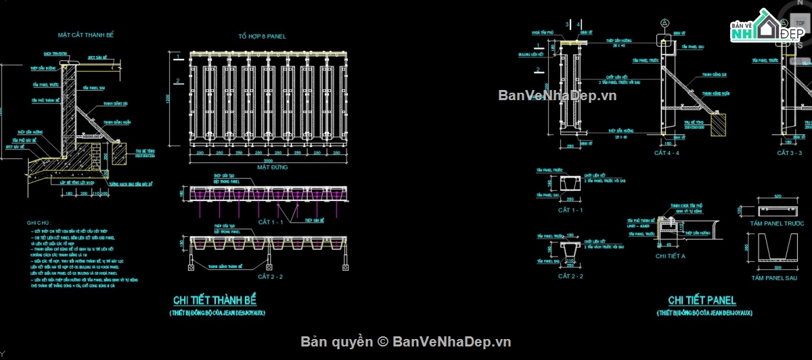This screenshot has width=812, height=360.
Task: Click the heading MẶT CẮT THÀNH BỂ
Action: [85, 35]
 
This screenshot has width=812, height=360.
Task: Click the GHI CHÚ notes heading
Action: [39, 222]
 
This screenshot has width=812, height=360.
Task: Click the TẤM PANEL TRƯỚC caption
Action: [776, 223]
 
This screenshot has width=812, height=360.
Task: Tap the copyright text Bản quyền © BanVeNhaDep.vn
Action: [406, 342]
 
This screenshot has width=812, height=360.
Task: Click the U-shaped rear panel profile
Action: [777, 249]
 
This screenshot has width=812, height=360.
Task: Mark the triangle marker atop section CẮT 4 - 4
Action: [664, 23]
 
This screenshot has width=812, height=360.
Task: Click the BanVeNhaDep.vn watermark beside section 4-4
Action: [558, 95]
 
